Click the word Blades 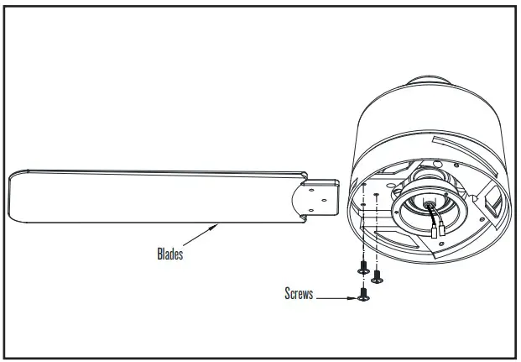point(169,252)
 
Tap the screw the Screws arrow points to point(363,296)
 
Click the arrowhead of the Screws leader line point(352,296)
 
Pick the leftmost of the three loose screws point(362,270)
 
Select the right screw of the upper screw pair point(377,274)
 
